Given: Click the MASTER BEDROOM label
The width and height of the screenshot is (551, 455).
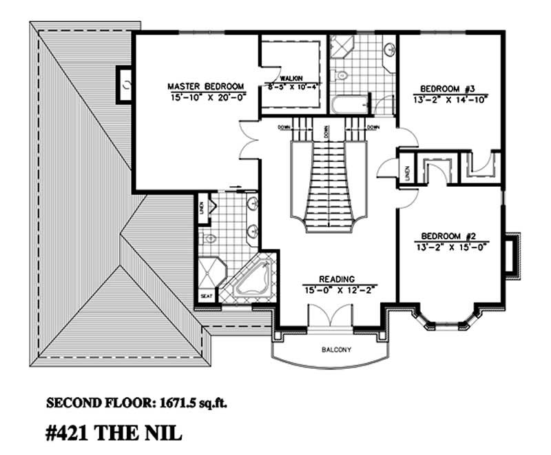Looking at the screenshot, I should point(206,86).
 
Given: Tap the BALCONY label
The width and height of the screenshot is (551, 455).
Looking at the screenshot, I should point(336,350).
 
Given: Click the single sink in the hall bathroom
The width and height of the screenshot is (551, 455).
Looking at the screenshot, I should point(389,50).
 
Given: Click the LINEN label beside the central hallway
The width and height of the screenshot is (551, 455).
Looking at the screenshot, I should point(408,173).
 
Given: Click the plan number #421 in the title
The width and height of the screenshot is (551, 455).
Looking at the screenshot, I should point(72,434).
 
